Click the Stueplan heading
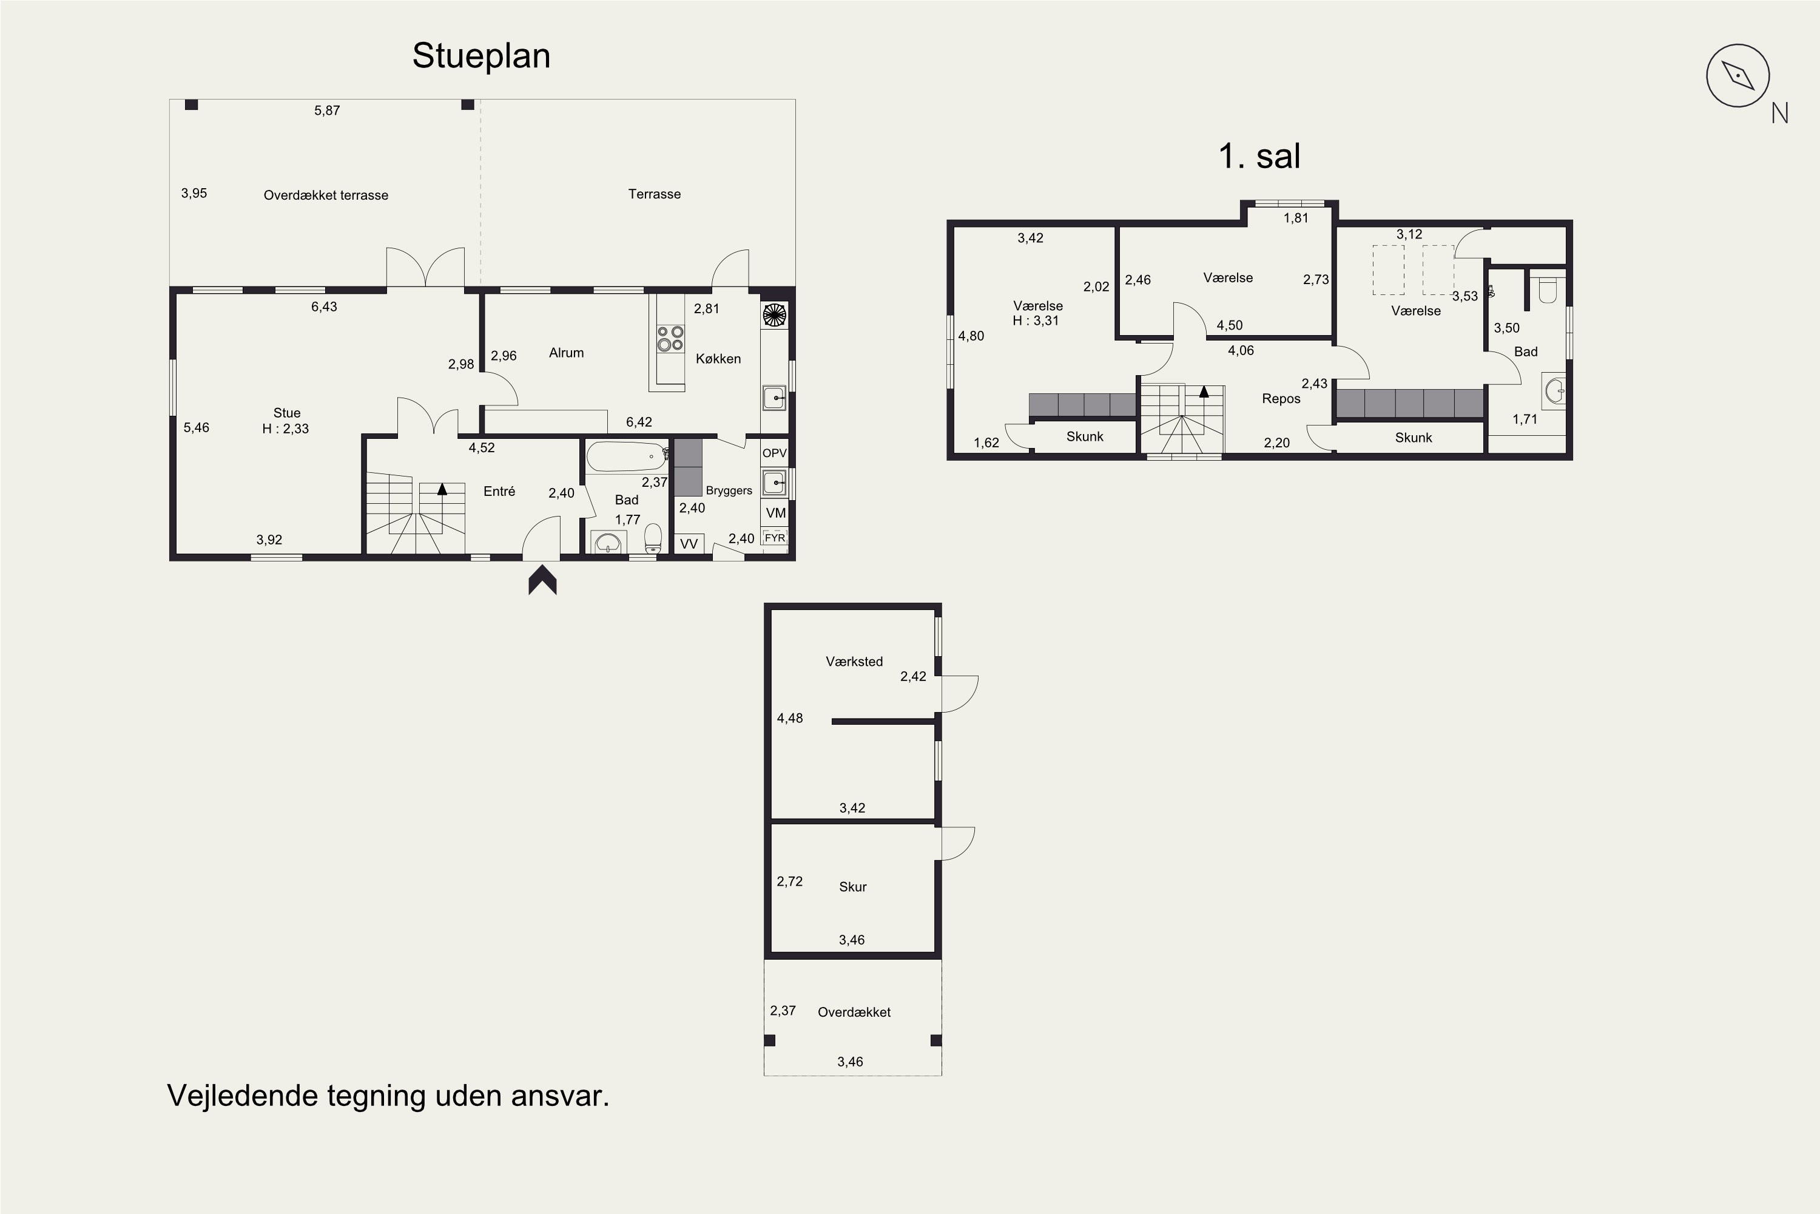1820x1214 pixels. click(x=481, y=56)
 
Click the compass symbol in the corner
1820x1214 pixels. click(x=1738, y=76)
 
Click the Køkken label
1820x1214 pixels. click(x=718, y=359)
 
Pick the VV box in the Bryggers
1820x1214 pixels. click(x=689, y=543)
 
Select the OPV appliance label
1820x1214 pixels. click(x=775, y=453)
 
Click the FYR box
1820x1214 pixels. click(x=775, y=537)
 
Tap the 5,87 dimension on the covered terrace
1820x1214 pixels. click(x=328, y=110)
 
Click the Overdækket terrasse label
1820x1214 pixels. click(x=326, y=195)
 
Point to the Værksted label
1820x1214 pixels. click(x=854, y=661)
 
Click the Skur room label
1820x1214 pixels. click(x=853, y=886)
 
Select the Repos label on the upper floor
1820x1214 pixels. click(x=1281, y=399)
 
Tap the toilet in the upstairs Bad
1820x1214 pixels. click(x=1548, y=289)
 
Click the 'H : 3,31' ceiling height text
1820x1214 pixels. click(x=1036, y=320)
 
